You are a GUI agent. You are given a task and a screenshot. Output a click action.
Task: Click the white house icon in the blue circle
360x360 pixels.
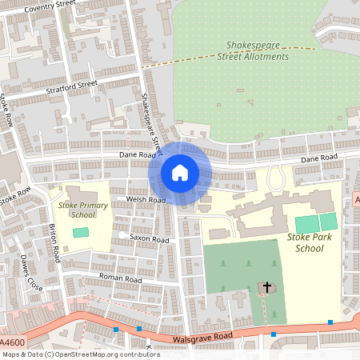[180, 173]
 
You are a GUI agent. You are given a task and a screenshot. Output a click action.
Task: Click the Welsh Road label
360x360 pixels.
[145, 199]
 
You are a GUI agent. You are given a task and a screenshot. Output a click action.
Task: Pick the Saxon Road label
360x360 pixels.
[149, 239]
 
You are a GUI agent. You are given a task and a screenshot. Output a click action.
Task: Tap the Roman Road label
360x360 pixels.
[119, 279]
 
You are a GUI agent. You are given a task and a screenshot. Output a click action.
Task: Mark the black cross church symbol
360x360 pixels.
[266, 286]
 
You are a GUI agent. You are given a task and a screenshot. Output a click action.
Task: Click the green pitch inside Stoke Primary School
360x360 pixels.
[80, 232]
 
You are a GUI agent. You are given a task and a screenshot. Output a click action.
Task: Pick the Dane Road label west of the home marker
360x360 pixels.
[135, 154]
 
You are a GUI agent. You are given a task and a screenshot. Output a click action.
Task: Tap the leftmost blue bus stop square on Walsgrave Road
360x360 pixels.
[116, 329]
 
